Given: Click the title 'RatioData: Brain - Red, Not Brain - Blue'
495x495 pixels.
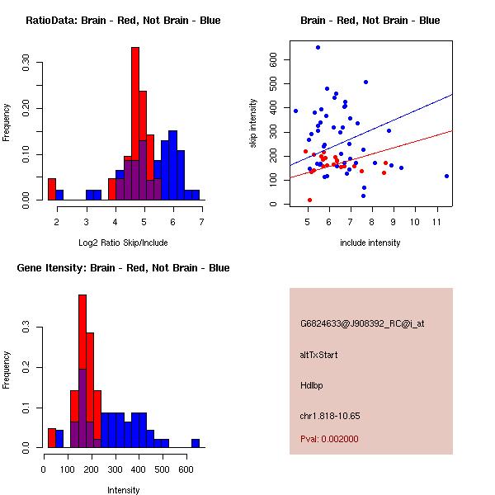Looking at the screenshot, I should point(123,21).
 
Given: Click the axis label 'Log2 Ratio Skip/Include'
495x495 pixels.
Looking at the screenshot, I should point(124,243).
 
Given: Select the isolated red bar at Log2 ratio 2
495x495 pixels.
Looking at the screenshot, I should point(52,189).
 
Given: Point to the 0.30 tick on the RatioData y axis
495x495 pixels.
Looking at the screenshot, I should point(26,60).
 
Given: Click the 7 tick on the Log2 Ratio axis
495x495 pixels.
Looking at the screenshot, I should point(201,221).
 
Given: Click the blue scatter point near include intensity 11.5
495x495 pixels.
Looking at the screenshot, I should point(446,176).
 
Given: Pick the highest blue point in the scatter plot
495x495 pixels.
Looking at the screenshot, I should point(318,47).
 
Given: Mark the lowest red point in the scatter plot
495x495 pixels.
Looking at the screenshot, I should point(309,200).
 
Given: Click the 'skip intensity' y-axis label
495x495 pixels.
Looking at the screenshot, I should point(253,124).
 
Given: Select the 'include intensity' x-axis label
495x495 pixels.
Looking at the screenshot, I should point(370,243).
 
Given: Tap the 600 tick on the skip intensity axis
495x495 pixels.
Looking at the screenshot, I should point(274,59).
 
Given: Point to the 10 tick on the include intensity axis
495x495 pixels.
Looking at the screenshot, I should point(415,221).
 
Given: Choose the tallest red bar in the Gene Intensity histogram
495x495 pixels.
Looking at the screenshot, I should point(82,371).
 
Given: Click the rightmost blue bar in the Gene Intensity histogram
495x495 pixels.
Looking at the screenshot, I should point(196,443).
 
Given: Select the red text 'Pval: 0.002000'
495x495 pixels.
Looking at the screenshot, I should point(329,439).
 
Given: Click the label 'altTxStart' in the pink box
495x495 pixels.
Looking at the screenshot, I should point(319,355).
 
